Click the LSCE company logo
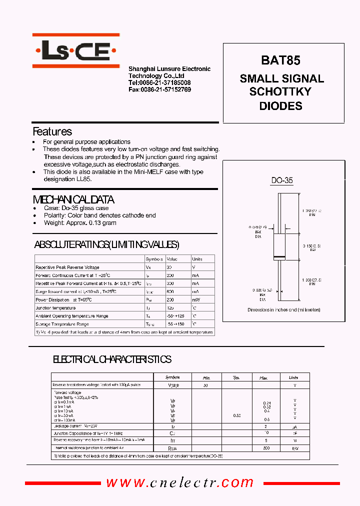(x=76, y=50)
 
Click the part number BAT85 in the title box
(x=280, y=60)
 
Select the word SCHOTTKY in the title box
(x=280, y=92)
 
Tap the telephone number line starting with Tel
(x=159, y=82)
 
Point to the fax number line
(x=159, y=89)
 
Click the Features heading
(x=52, y=132)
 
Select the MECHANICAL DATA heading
(x=73, y=199)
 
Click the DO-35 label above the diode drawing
(x=282, y=180)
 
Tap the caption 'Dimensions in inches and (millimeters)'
(x=283, y=310)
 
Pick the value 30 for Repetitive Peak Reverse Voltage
(x=170, y=267)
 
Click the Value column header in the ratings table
(x=172, y=259)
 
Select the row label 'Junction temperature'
(x=55, y=308)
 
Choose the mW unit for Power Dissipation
(x=196, y=300)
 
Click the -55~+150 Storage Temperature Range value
(x=176, y=324)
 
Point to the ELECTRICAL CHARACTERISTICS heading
(x=112, y=359)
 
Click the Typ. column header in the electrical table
(x=236, y=377)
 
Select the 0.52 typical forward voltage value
(x=236, y=415)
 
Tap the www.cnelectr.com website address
(x=180, y=482)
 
